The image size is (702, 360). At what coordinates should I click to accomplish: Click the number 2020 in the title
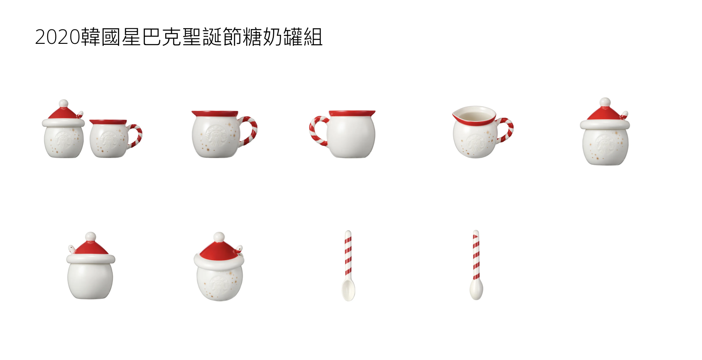coord(58,37)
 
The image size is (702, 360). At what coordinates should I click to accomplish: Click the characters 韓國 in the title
coord(101,37)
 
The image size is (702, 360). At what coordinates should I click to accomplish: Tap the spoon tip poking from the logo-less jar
coord(71,248)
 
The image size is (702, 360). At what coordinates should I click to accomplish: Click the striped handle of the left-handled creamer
coord(317,131)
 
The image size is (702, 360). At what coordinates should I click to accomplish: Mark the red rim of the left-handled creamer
coord(352,113)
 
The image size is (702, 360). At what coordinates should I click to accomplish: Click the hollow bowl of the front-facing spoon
coord(348,290)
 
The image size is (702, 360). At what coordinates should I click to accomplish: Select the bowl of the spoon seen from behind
coord(476,289)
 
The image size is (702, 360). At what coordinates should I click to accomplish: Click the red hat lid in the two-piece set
coord(64,113)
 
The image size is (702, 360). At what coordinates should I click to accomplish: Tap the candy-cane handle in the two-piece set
coord(135,135)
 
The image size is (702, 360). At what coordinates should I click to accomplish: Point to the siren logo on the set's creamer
coord(108,140)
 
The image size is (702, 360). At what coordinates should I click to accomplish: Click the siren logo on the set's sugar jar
coord(64,140)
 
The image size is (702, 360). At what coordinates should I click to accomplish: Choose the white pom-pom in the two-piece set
coord(64,103)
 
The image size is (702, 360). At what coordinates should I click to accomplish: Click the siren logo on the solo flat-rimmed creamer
coord(216,135)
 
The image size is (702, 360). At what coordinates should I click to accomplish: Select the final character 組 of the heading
coord(313,37)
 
